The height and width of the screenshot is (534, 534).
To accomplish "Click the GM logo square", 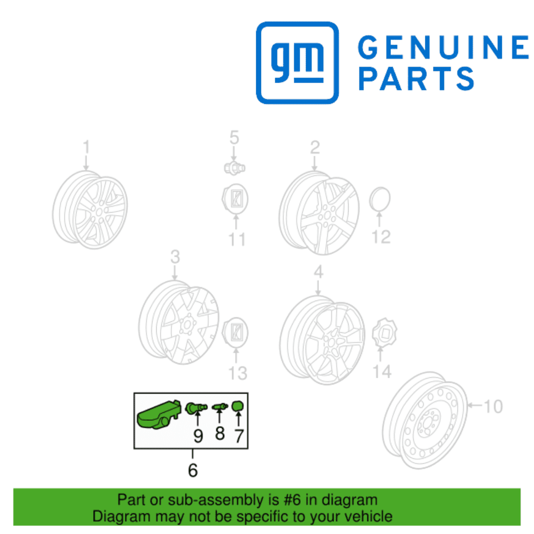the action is [x=297, y=63].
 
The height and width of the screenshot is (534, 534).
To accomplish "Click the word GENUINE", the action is [x=444, y=47].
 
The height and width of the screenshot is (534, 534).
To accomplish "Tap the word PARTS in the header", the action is [x=416, y=78].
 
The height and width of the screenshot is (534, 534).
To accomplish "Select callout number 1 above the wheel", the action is [x=86, y=147].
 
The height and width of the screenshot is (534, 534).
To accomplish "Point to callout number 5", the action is [x=234, y=137].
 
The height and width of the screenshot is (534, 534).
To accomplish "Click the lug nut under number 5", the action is [x=234, y=168].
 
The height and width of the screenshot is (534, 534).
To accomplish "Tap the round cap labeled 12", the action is [x=380, y=199].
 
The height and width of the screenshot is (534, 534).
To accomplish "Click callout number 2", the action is [x=314, y=147].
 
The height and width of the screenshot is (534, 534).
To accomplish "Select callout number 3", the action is [x=175, y=257].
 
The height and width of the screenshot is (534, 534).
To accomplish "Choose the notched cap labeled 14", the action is [x=385, y=332].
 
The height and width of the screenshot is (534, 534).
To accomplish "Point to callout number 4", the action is [x=318, y=272].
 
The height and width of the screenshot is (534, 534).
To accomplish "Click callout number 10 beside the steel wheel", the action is [x=493, y=406].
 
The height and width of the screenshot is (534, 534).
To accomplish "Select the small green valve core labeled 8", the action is [x=220, y=406].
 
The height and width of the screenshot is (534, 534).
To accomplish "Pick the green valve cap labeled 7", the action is [x=237, y=406].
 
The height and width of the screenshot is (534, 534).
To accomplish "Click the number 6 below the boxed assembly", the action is [x=193, y=470].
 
